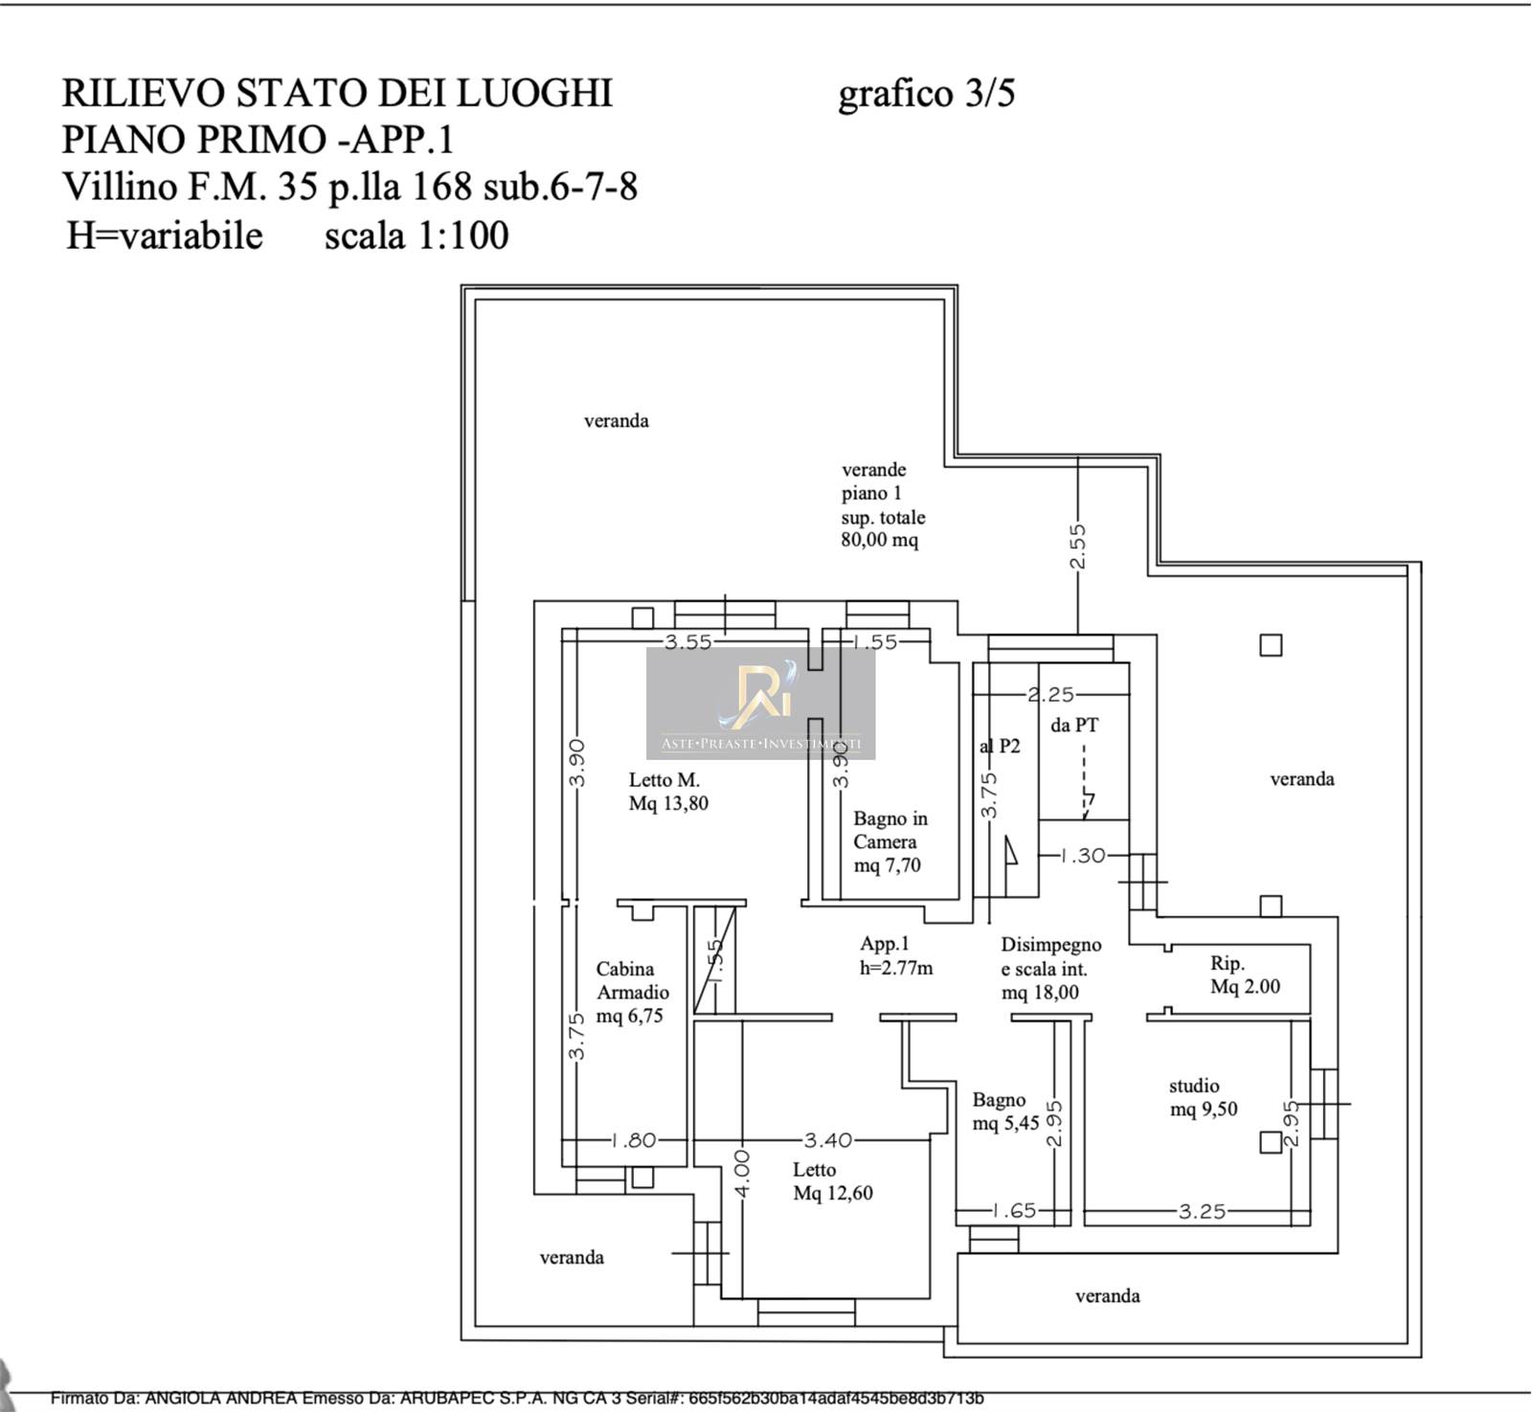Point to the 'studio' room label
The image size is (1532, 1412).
(x=1194, y=1087)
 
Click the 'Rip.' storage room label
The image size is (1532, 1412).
(x=1228, y=964)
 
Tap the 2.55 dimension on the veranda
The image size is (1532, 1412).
(x=1078, y=547)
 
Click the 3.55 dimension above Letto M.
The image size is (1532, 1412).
(x=688, y=642)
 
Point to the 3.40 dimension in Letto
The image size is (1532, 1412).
(x=828, y=1140)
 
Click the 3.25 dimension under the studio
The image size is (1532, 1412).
(x=1202, y=1212)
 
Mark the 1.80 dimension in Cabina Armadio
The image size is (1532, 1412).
(x=634, y=1140)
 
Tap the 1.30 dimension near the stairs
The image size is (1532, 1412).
(x=1083, y=856)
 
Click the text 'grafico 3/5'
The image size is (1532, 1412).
(x=926, y=94)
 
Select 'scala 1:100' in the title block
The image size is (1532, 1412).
(x=417, y=235)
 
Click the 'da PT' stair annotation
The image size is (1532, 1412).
(x=1074, y=726)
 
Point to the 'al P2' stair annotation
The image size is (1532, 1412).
(x=1001, y=746)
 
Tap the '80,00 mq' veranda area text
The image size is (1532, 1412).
(x=879, y=540)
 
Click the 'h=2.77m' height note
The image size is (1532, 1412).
(x=896, y=968)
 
